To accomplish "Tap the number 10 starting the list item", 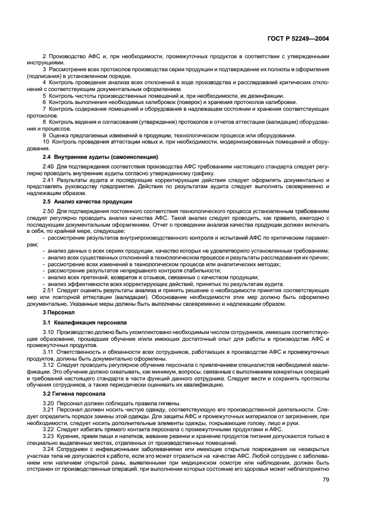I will pyautogui.click(x=46, y=141).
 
